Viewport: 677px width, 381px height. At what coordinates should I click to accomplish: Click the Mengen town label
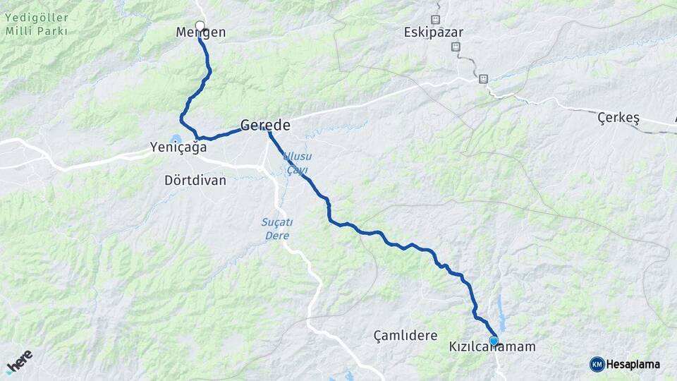pyautogui.click(x=201, y=32)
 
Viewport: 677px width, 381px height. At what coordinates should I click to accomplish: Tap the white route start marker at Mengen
pyautogui.click(x=200, y=26)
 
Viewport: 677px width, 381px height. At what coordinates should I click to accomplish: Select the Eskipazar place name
pyautogui.click(x=434, y=32)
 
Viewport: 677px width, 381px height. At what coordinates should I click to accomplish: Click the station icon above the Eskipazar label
pyautogui.click(x=435, y=19)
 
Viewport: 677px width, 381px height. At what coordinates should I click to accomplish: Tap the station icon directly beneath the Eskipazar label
pyautogui.click(x=456, y=47)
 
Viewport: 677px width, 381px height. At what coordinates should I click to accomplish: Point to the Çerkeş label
pyautogui.click(x=618, y=118)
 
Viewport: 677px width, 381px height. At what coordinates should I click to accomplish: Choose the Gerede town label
pyautogui.click(x=265, y=126)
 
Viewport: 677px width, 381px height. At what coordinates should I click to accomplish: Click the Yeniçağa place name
pyautogui.click(x=178, y=147)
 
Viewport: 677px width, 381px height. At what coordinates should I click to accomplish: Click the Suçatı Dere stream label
pyautogui.click(x=276, y=229)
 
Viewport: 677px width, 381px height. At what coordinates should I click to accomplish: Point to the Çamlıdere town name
pyautogui.click(x=405, y=336)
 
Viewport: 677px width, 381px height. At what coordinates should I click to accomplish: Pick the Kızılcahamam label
pyautogui.click(x=492, y=348)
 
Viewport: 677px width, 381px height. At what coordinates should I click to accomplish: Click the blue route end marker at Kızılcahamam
pyautogui.click(x=494, y=341)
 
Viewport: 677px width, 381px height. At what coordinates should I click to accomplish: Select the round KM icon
pyautogui.click(x=597, y=364)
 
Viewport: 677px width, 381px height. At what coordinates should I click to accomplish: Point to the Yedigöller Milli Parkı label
pyautogui.click(x=36, y=25)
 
